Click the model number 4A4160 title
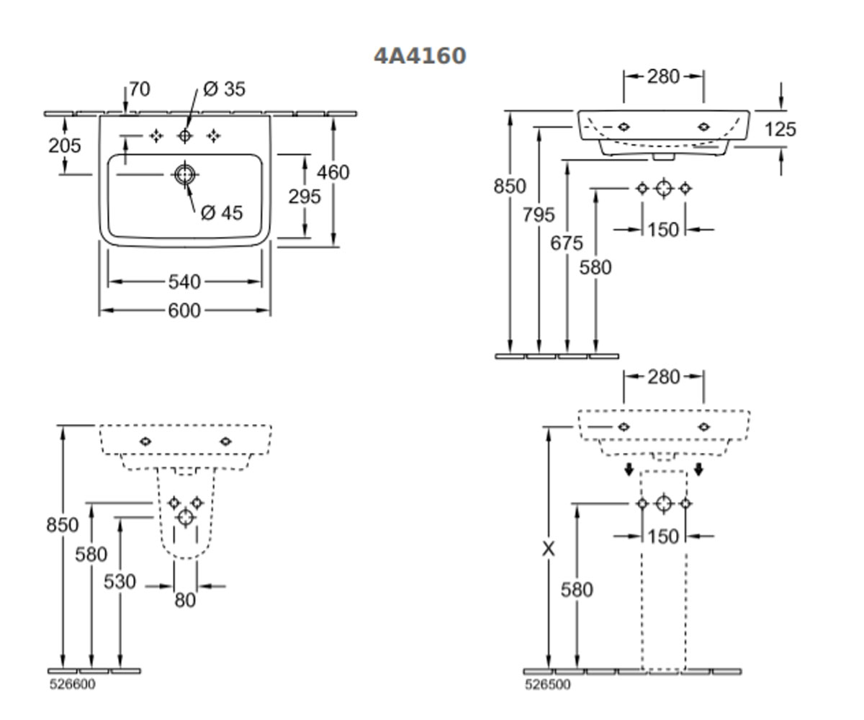click(x=420, y=56)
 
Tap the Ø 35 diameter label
click(x=224, y=89)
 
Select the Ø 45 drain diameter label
click(x=222, y=213)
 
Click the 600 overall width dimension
click(x=184, y=310)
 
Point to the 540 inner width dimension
click(x=184, y=282)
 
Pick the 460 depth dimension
click(x=333, y=172)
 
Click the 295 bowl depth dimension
click(x=305, y=197)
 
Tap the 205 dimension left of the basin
click(x=65, y=145)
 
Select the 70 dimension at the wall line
click(x=140, y=89)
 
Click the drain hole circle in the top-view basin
click(x=184, y=175)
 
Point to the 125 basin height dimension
click(x=780, y=129)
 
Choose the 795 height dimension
click(x=539, y=215)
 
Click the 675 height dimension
click(x=567, y=243)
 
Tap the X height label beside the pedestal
click(x=548, y=549)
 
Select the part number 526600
click(x=73, y=685)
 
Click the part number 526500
click(x=548, y=685)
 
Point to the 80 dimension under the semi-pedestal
click(x=185, y=600)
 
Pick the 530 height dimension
click(x=120, y=582)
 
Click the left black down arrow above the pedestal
click(x=629, y=469)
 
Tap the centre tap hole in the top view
click(x=184, y=136)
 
